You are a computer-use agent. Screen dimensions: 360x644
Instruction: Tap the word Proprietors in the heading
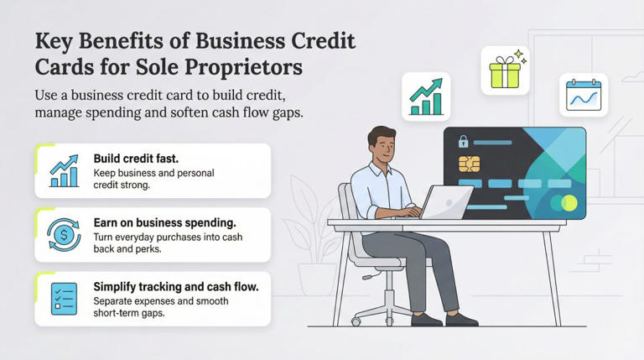click(x=275, y=65)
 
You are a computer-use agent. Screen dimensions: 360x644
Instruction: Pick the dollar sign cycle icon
click(x=65, y=234)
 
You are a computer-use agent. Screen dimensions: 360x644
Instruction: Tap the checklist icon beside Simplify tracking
click(x=65, y=298)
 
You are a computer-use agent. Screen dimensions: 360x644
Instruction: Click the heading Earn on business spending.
click(x=166, y=222)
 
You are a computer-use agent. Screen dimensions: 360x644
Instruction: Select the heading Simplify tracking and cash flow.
click(x=176, y=286)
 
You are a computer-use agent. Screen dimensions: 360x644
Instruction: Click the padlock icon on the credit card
click(x=462, y=142)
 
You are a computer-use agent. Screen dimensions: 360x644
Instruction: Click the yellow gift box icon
click(x=505, y=72)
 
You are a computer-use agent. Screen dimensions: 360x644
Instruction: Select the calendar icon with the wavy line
click(x=584, y=95)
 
